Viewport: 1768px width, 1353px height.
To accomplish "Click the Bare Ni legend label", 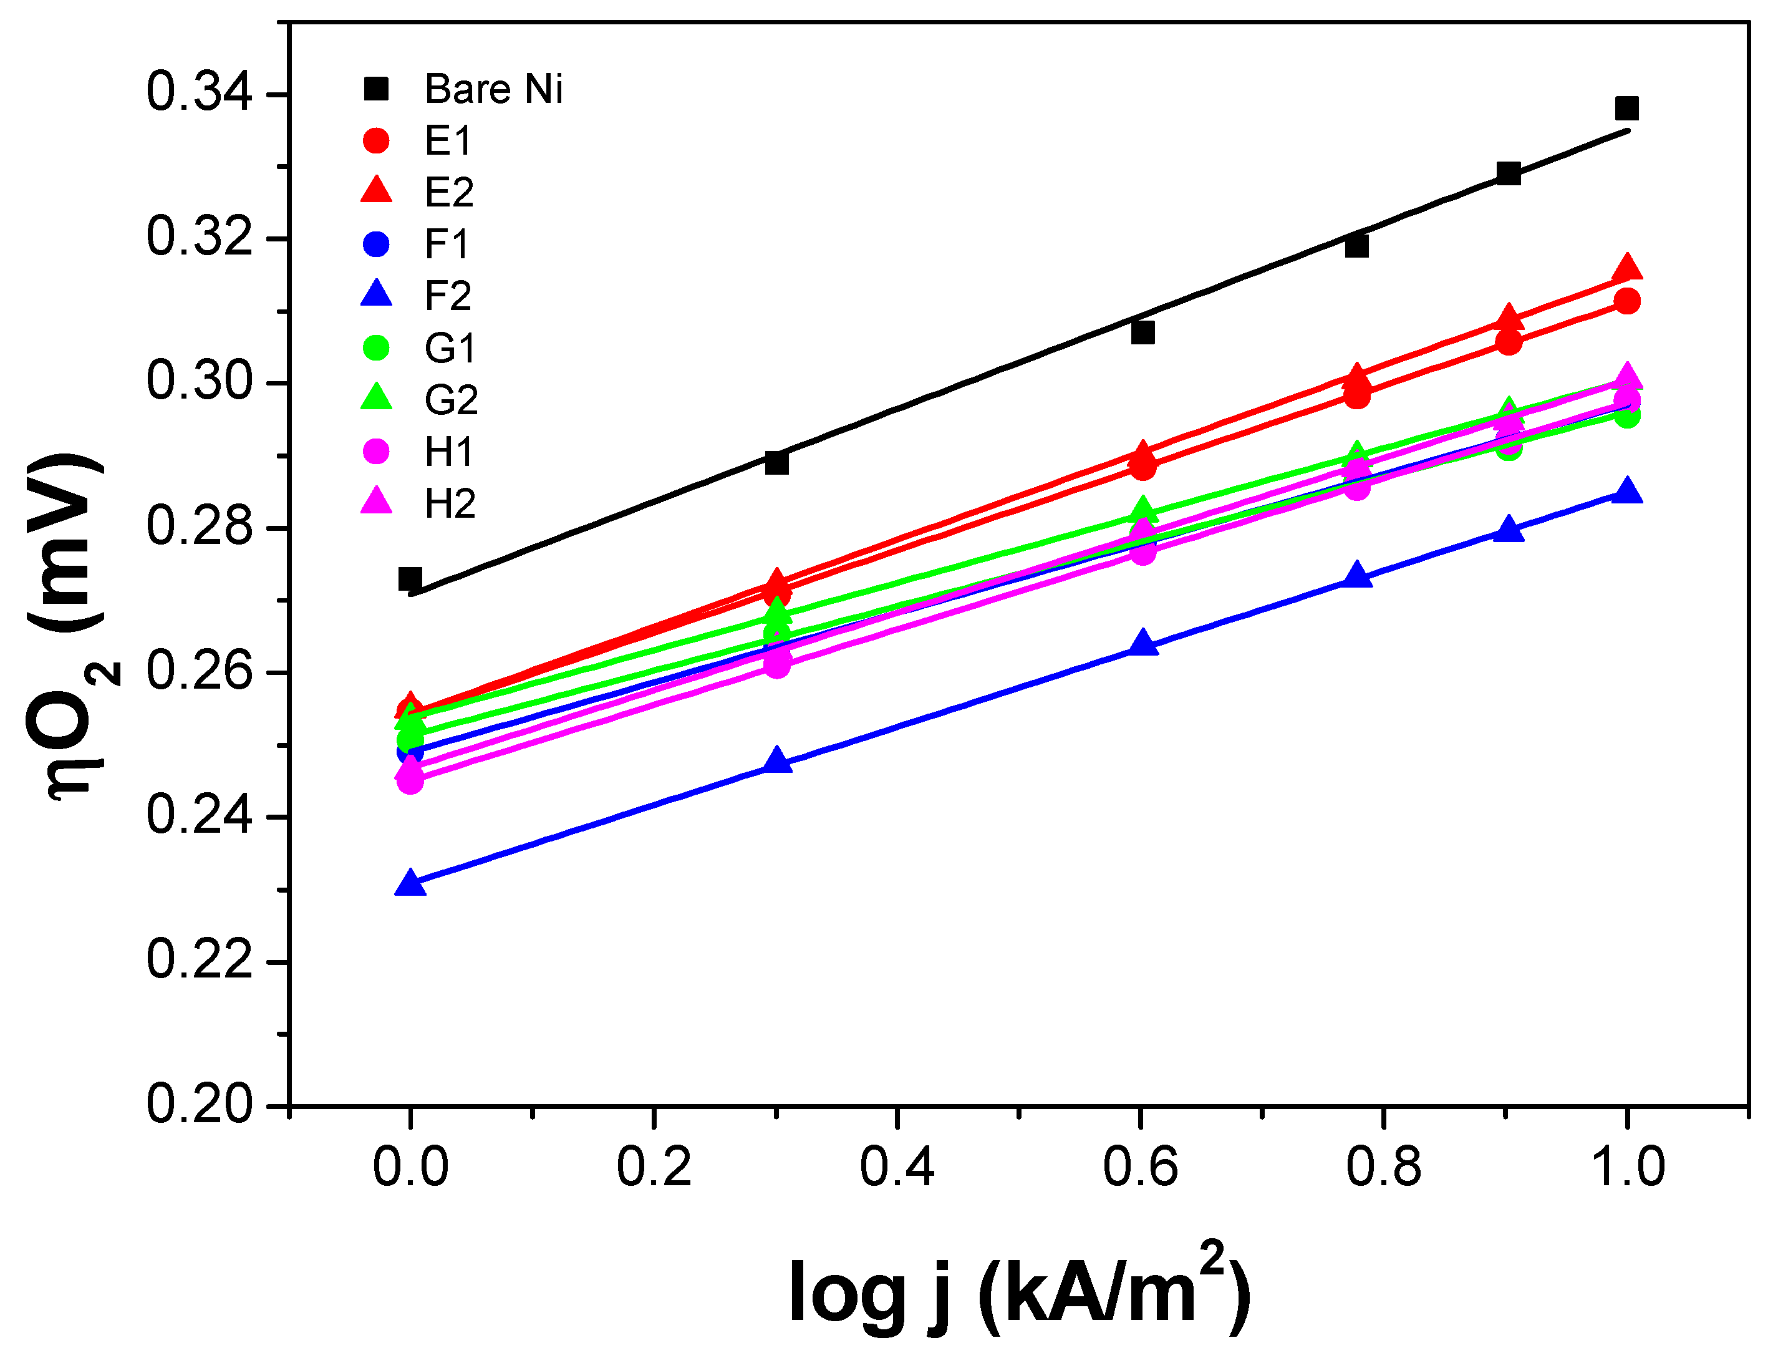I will click(493, 89).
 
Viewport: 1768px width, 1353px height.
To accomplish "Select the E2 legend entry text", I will click(448, 193).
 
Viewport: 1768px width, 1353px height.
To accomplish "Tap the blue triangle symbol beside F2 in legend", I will click(376, 295).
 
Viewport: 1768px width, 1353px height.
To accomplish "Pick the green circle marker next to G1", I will click(376, 348).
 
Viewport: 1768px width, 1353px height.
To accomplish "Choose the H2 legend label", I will click(449, 504).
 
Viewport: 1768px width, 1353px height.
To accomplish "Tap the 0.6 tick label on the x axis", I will click(1139, 1167).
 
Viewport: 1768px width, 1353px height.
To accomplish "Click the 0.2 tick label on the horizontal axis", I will click(654, 1167).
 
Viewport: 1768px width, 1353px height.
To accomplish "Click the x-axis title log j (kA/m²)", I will click(1018, 1292).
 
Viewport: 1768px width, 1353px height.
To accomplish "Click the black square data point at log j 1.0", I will click(1626, 108).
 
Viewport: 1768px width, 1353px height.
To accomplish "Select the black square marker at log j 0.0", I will click(410, 578).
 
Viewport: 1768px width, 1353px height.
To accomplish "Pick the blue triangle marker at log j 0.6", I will click(1142, 644).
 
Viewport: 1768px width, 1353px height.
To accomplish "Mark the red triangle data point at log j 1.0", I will click(1626, 268).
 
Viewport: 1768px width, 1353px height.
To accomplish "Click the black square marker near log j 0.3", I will click(776, 463).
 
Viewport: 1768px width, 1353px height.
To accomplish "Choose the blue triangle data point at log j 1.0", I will click(1626, 492).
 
